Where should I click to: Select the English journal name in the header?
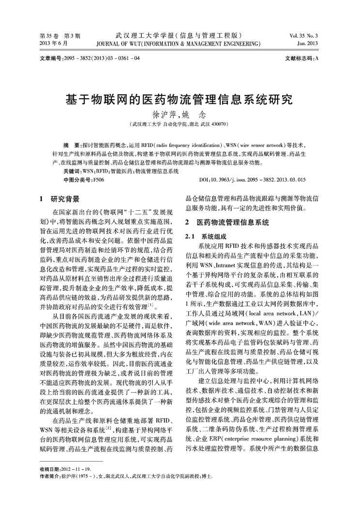pos(179,44)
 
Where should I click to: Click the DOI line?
pos(252,180)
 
